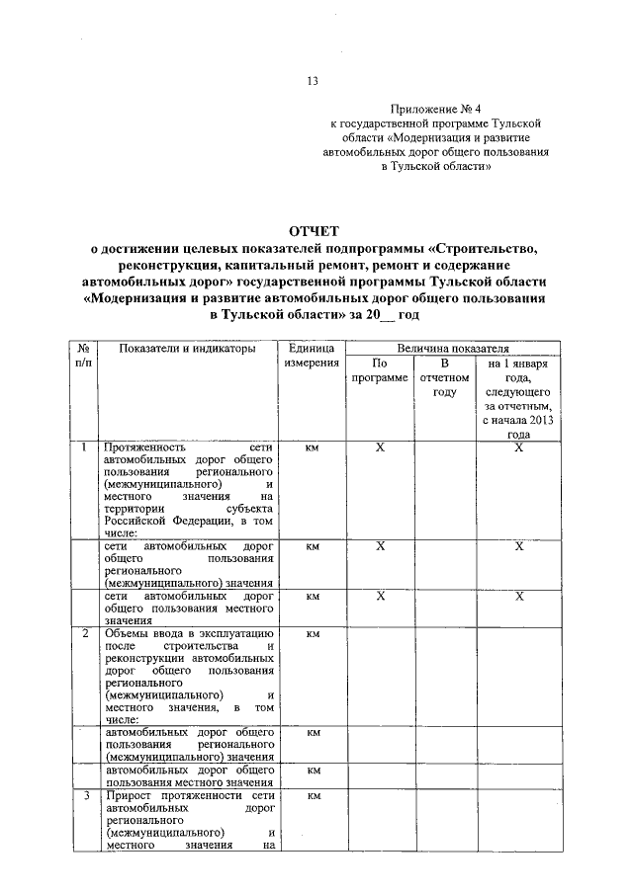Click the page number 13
[x=314, y=82]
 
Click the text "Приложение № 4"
[x=435, y=111]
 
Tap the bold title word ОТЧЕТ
[x=316, y=231]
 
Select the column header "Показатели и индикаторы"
[x=187, y=349]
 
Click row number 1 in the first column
[x=85, y=447]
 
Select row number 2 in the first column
[x=85, y=632]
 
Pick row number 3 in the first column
[x=85, y=795]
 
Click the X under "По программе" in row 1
[x=380, y=447]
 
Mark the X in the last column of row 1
[x=518, y=447]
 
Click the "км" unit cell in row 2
[x=312, y=633]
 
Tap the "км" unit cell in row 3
[x=312, y=795]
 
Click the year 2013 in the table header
[x=539, y=421]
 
